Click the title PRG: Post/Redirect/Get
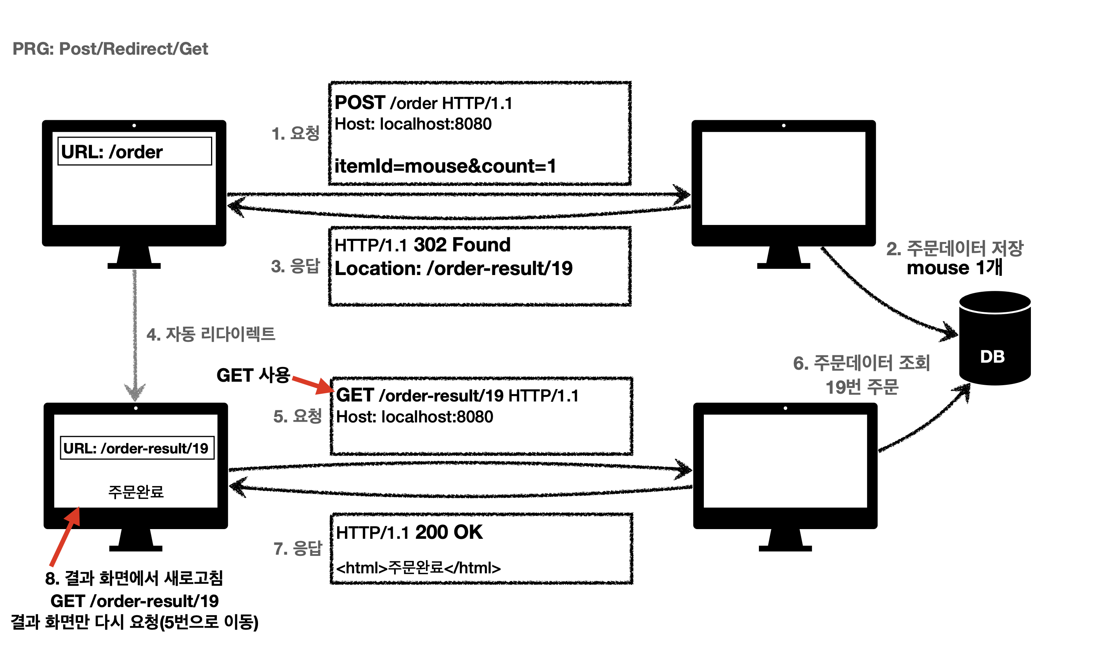(x=110, y=48)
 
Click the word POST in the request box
(x=360, y=103)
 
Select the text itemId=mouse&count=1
(x=445, y=166)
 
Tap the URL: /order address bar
(x=135, y=152)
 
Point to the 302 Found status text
(x=462, y=245)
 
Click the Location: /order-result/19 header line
(x=453, y=268)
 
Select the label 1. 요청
(x=295, y=133)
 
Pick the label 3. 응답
(x=295, y=266)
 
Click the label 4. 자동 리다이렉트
(x=211, y=334)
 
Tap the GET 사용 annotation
(x=253, y=375)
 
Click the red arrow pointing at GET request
(x=313, y=384)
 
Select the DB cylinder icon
(x=994, y=339)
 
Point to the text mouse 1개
(x=954, y=268)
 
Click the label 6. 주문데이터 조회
(x=861, y=363)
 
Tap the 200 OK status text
(x=449, y=532)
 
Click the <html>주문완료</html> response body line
(x=418, y=567)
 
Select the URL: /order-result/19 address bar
(x=137, y=448)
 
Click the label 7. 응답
(x=298, y=548)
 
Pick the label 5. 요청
(x=298, y=416)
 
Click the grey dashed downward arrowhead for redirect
(x=135, y=391)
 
